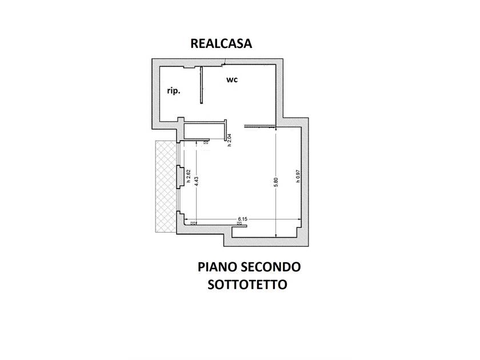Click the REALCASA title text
221,43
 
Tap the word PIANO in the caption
217,267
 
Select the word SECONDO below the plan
271,267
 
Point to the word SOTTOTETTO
247,285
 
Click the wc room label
232,79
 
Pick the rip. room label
174,91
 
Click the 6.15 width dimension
242,219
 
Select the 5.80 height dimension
276,182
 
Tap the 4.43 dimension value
196,181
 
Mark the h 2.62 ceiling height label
189,177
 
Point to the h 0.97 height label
298,177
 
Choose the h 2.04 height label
229,140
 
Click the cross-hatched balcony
166,186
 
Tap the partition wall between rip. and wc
201,85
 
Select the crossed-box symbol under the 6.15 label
239,223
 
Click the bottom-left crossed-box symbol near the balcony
193,223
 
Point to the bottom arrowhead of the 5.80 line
276,235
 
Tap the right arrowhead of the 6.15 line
299,219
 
